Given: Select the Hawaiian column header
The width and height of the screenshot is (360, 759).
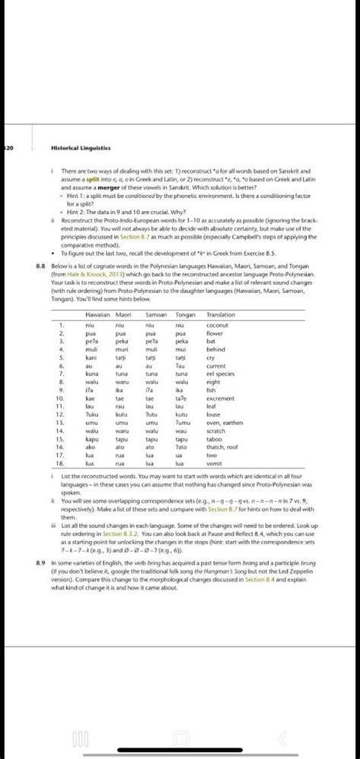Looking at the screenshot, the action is (99, 314).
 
